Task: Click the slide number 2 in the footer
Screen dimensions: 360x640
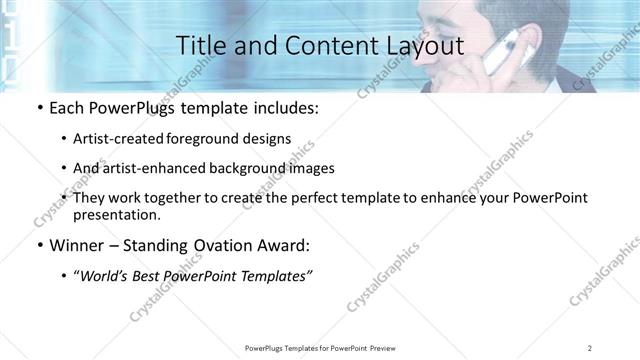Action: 590,347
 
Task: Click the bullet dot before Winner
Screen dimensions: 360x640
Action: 39,245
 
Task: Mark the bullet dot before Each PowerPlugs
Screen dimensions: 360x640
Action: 39,108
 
